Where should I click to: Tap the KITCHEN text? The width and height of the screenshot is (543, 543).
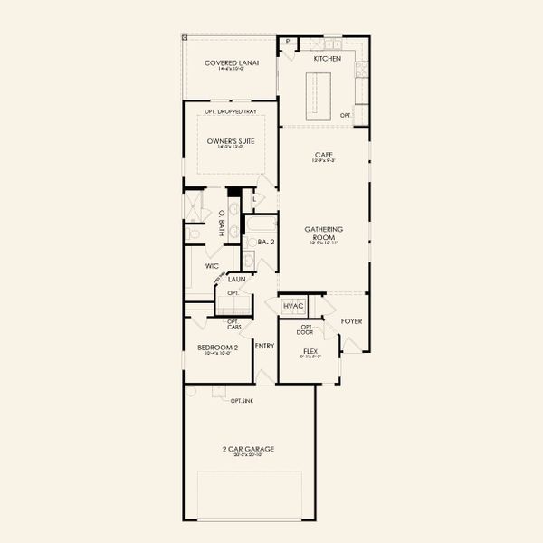[327, 58]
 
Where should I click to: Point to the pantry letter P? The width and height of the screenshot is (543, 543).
[288, 42]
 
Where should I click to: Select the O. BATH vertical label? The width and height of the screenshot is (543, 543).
[222, 224]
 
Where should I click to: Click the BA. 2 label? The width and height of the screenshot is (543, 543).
[265, 242]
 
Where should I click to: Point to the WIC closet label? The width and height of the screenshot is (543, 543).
[213, 266]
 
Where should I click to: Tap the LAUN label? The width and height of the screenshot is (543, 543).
[237, 280]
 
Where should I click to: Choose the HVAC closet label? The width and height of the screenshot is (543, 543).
[293, 307]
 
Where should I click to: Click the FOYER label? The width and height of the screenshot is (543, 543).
[351, 320]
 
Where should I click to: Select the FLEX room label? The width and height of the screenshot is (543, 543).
[310, 349]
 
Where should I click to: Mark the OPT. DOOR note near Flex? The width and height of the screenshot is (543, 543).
[309, 329]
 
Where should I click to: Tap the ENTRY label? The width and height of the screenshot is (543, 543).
[264, 345]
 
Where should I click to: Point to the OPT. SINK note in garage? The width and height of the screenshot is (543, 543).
[242, 400]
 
